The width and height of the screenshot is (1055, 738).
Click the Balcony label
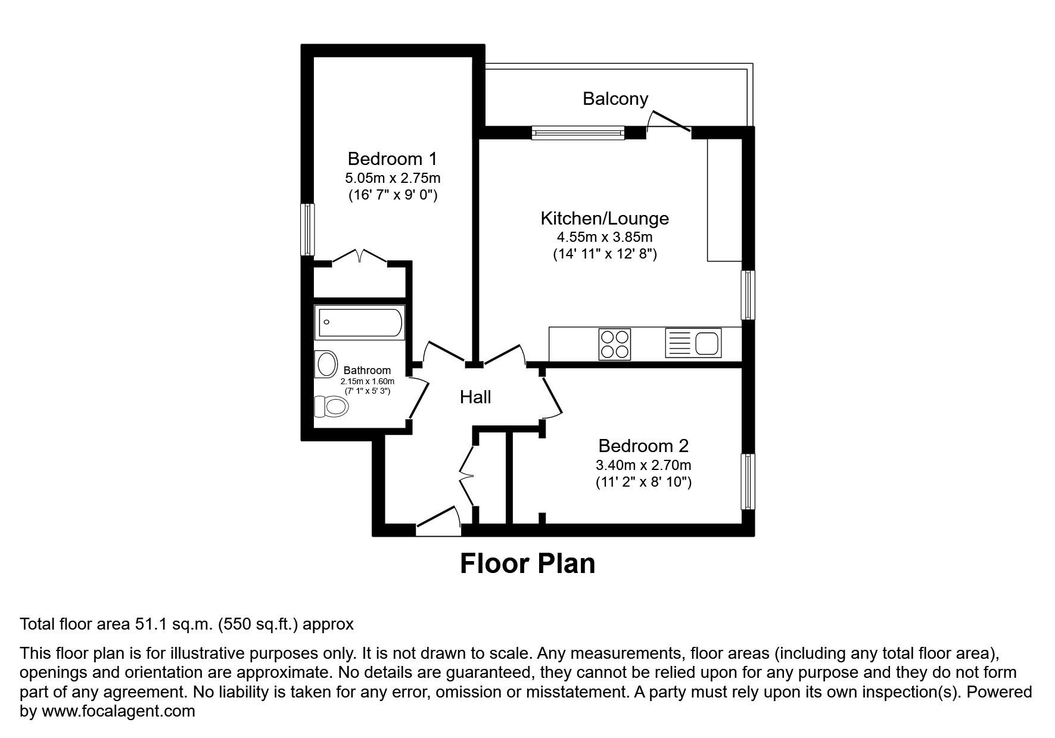point(615,99)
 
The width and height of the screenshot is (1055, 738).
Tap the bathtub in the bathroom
point(360,322)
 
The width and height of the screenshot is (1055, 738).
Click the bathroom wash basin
point(326,364)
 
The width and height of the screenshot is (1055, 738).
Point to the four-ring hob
point(614,344)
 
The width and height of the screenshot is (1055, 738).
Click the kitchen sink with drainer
point(693,343)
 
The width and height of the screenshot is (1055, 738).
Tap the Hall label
point(475,397)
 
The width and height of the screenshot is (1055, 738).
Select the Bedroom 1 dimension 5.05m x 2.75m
point(393,178)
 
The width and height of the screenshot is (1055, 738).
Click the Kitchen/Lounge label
point(604,218)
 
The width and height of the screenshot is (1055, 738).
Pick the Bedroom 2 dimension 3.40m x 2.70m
point(643,465)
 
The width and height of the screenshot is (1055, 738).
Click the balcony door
point(669,121)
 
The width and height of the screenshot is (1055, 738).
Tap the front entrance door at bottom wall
point(438,517)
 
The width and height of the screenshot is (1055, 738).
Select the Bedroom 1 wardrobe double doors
point(359,257)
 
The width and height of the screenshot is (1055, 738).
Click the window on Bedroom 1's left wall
point(307,229)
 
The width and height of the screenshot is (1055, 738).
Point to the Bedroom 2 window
point(748,481)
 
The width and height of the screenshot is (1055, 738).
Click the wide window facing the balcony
point(578,132)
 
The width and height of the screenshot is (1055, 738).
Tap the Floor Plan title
point(527,563)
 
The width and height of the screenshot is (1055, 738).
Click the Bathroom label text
point(367,370)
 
